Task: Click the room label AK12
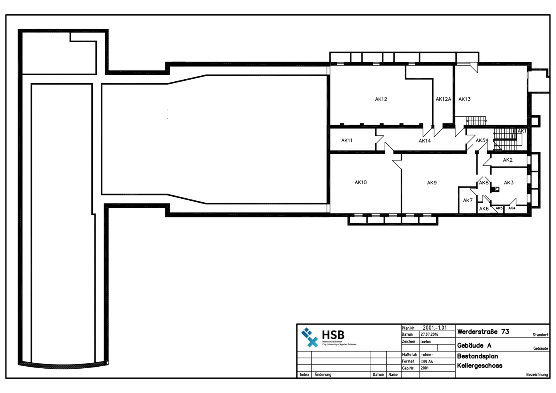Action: pyautogui.click(x=381, y=99)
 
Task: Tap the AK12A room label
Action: pyautogui.click(x=443, y=99)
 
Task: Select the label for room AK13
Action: pyautogui.click(x=464, y=99)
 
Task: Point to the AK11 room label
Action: pyautogui.click(x=347, y=141)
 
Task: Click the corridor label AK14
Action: pyautogui.click(x=425, y=141)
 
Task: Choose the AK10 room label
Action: pyautogui.click(x=360, y=182)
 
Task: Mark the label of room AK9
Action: pyautogui.click(x=432, y=183)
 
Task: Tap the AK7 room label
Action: pyautogui.click(x=468, y=201)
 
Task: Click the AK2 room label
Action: pyautogui.click(x=507, y=160)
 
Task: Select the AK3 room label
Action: pyautogui.click(x=509, y=183)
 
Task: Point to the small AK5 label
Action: pyautogui.click(x=499, y=208)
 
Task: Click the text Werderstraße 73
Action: pyautogui.click(x=483, y=332)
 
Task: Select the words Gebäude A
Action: pyautogui.click(x=474, y=346)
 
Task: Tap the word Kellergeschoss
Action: pyautogui.click(x=480, y=366)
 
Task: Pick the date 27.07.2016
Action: pyautogui.click(x=429, y=334)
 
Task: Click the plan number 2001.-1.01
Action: pyautogui.click(x=435, y=328)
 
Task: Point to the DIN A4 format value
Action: pyautogui.click(x=427, y=362)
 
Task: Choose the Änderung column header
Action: pyautogui.click(x=323, y=375)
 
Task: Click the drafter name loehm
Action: pyautogui.click(x=425, y=342)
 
